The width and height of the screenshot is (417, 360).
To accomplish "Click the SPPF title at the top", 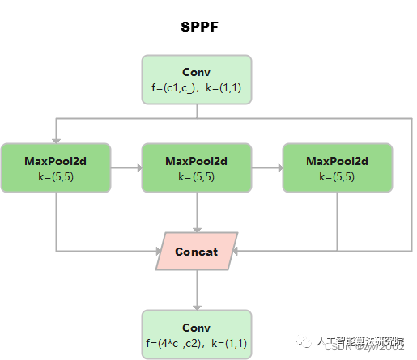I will point(198,27).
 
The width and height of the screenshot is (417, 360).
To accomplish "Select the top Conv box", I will point(197,79).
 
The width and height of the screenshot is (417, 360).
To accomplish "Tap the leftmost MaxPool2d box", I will point(56,168).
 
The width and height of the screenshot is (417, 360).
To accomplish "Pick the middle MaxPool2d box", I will point(197,168).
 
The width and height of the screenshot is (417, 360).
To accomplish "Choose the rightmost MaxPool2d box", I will point(337,168).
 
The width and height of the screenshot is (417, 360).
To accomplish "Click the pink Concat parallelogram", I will point(197,252).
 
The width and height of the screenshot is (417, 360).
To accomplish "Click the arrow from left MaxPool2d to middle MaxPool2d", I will point(126,168).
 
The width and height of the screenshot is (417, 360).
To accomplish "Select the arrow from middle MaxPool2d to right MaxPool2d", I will point(266,168).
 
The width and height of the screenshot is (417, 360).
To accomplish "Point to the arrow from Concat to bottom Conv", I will point(197,291).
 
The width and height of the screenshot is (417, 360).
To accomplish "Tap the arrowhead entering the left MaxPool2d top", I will point(56,139).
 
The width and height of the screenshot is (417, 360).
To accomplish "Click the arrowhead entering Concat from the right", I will point(238,252).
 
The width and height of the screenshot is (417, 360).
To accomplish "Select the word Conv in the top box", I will point(197,72).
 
